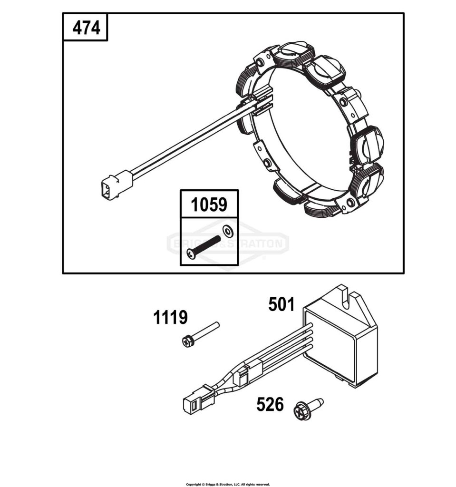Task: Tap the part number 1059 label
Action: [209, 204]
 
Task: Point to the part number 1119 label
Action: [170, 317]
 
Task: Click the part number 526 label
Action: [270, 404]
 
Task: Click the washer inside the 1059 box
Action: [228, 231]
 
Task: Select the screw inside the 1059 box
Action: [203, 247]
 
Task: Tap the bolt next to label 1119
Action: [201, 334]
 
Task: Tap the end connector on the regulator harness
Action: [198, 399]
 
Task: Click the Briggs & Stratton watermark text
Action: [228, 243]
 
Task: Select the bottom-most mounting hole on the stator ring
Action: [351, 203]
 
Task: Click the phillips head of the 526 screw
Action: [301, 413]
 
